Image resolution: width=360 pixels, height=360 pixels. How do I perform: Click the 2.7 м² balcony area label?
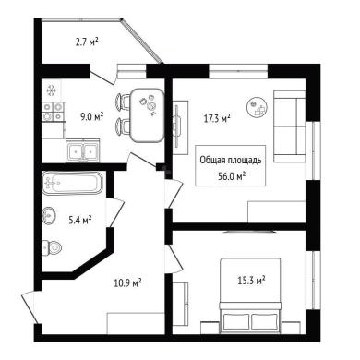[87, 42]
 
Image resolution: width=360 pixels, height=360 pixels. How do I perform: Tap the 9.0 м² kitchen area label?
[91, 117]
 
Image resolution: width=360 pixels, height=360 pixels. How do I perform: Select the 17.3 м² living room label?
[217, 118]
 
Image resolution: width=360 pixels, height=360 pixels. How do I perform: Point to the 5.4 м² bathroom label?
[80, 220]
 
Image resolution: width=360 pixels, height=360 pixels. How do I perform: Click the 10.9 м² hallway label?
[127, 282]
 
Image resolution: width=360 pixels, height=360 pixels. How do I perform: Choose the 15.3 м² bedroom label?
[251, 281]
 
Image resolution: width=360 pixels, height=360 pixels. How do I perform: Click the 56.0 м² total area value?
[232, 176]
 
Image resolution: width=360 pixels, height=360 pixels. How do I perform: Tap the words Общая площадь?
[231, 161]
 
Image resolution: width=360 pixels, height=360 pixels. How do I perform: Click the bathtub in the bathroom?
[72, 184]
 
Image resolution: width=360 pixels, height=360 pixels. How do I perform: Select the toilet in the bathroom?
[52, 247]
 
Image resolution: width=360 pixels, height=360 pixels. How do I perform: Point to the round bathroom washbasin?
[49, 215]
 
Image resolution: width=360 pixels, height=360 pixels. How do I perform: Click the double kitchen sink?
[83, 150]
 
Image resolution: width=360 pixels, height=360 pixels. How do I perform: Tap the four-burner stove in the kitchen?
[54, 112]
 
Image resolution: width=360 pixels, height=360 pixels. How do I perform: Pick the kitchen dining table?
[147, 115]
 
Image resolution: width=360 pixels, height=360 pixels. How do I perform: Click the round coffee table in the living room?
[258, 107]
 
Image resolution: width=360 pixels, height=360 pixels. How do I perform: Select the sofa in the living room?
[289, 126]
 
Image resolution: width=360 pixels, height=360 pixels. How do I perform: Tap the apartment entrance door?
[30, 307]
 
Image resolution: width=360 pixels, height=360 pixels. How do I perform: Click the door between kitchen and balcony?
[102, 77]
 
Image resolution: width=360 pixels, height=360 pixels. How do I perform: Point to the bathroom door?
[115, 213]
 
